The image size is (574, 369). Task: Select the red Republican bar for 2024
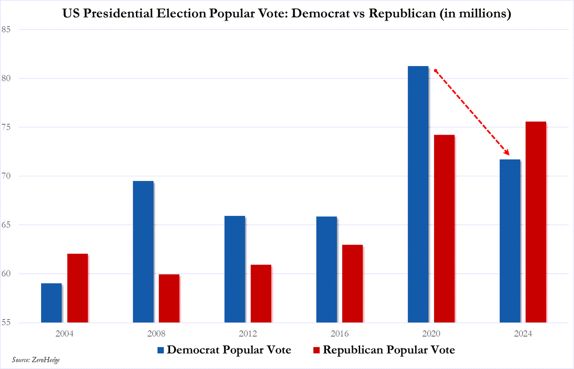pyautogui.click(x=535, y=222)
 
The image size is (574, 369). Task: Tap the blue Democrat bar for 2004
pyautogui.click(x=51, y=303)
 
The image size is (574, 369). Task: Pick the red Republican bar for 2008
pyautogui.click(x=169, y=298)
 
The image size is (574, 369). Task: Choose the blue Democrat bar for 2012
pyautogui.click(x=235, y=269)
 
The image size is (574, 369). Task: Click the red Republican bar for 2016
pyautogui.click(x=352, y=283)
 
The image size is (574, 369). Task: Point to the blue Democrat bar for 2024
pyautogui.click(x=509, y=241)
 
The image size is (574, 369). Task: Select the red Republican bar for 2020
pyautogui.click(x=444, y=228)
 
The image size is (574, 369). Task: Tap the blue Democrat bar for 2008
pyautogui.click(x=143, y=251)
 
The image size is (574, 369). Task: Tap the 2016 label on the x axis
pyautogui.click(x=339, y=334)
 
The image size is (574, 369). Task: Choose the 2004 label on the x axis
pyautogui.click(x=65, y=334)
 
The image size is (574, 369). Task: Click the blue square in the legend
pyautogui.click(x=161, y=350)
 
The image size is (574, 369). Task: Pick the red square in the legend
pyautogui.click(x=317, y=350)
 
